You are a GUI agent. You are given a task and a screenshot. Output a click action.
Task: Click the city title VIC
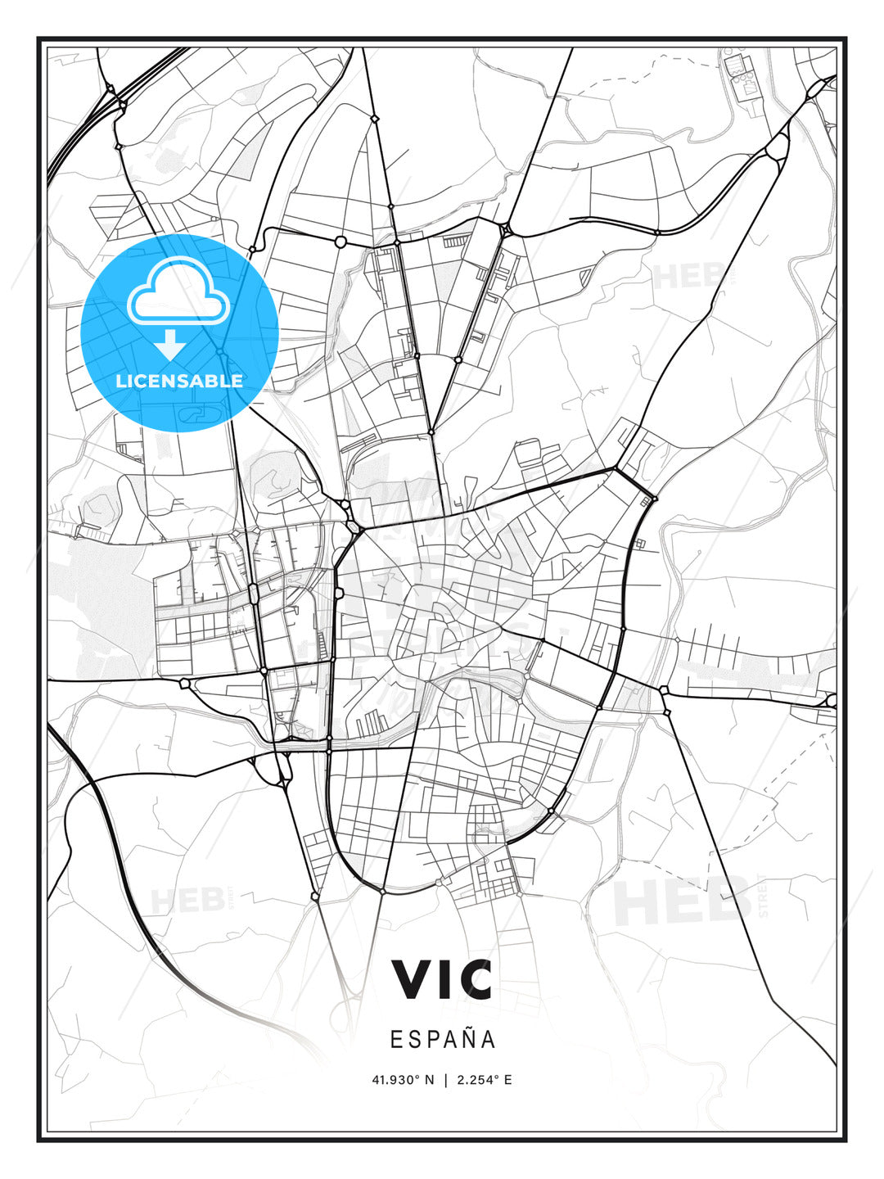click(x=442, y=979)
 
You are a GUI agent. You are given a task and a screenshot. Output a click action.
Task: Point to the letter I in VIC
click(x=444, y=979)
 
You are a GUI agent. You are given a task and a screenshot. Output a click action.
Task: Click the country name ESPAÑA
click(x=442, y=1039)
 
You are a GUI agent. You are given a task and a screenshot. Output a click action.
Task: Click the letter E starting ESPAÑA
click(x=396, y=1039)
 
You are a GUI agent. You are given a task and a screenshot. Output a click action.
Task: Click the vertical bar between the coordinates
click(x=445, y=1080)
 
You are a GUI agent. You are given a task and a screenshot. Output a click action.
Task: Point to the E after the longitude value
click(x=508, y=1080)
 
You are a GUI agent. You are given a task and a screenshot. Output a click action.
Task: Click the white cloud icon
click(x=180, y=292)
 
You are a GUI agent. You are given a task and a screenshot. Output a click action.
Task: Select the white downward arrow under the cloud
click(x=170, y=346)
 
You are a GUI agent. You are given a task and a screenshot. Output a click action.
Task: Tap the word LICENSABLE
click(x=179, y=381)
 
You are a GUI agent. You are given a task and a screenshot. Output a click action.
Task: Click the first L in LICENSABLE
click(x=120, y=381)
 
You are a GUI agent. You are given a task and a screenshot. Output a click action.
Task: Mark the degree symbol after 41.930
click(x=417, y=1077)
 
